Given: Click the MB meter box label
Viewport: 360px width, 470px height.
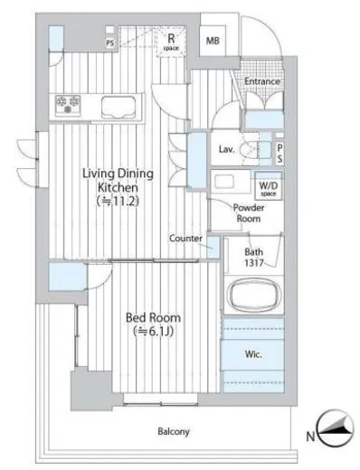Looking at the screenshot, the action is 213,41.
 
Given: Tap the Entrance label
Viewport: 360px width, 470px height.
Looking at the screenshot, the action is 261,81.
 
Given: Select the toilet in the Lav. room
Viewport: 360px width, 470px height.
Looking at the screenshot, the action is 249,149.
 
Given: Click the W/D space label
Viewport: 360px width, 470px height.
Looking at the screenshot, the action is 269,188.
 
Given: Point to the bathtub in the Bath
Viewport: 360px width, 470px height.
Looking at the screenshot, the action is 255,296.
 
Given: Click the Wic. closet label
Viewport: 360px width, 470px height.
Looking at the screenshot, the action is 253,354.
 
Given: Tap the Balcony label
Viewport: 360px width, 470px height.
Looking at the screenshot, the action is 174,432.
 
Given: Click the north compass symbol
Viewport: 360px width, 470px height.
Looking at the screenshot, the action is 336,428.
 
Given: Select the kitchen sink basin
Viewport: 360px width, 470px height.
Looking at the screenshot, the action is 118,108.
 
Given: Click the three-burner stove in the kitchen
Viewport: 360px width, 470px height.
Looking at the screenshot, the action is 68,106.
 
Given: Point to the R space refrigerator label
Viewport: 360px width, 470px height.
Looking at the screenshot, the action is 171,42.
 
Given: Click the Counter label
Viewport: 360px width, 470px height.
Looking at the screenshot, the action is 185,239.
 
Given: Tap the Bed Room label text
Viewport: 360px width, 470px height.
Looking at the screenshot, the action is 153,317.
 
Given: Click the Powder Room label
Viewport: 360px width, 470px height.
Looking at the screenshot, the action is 249,213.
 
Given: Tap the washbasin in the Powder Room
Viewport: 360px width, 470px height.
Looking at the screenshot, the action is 223,182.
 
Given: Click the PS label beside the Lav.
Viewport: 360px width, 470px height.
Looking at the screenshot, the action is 279,154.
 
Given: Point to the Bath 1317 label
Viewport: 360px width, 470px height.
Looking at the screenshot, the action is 253,258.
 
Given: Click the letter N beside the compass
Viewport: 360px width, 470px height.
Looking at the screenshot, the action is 310,436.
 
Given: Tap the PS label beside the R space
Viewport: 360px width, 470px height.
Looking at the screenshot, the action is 110,43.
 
